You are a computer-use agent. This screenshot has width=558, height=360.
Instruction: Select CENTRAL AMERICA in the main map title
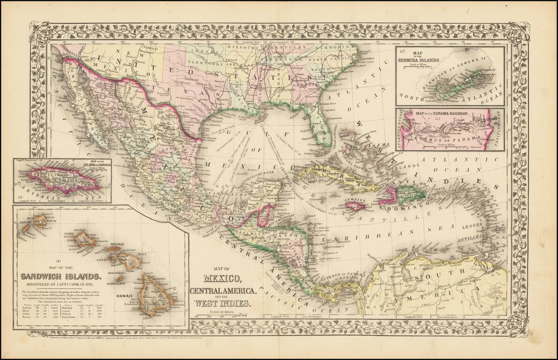[x=224, y=291]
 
